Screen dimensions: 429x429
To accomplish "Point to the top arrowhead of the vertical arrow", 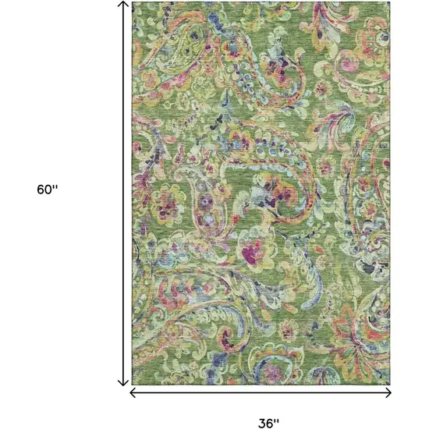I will pos(123,4).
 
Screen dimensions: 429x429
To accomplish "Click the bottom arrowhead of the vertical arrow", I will pos(123,382).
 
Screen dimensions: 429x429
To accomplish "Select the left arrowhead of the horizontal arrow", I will pos(131,392).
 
